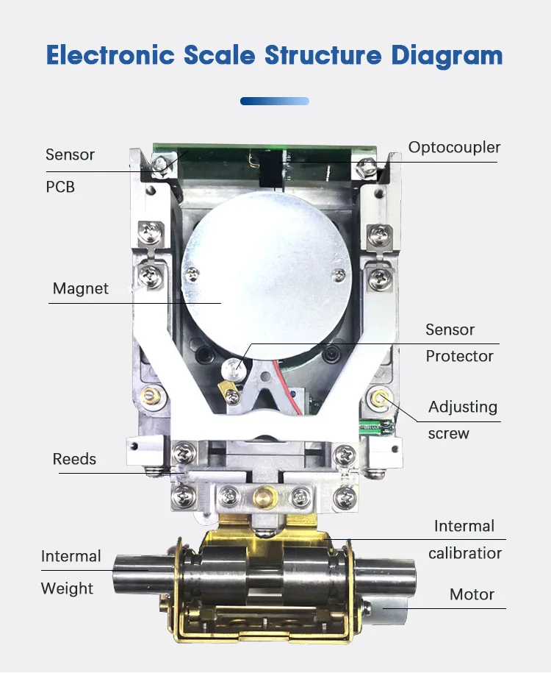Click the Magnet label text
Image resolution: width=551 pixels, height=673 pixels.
coord(80,288)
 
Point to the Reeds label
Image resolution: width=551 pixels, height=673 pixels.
coord(74,459)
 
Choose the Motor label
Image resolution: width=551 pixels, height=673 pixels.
coord(472,594)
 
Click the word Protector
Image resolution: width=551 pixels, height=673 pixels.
coord(459,356)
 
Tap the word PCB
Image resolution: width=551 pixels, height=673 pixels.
coord(60,187)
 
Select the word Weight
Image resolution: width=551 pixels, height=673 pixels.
coord(67,588)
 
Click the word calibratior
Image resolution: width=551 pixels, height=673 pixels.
coord(465,553)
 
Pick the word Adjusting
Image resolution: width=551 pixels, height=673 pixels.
coord(463,407)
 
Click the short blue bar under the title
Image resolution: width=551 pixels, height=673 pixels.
coord(275,101)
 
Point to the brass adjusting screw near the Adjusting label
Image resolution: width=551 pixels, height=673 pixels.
coord(380,398)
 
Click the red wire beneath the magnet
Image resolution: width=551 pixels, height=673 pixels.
coord(294,380)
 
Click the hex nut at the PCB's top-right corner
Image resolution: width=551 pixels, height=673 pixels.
coord(365,168)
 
